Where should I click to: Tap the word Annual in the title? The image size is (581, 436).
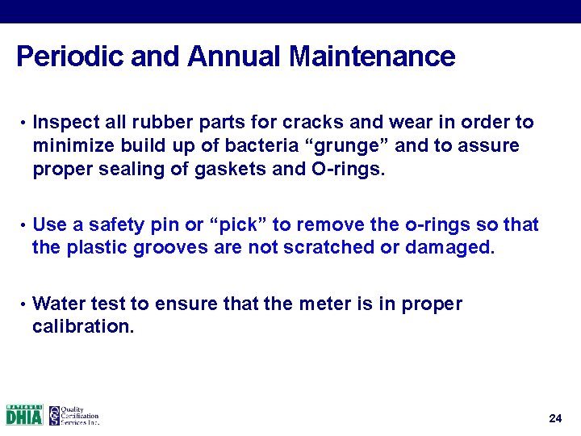236,57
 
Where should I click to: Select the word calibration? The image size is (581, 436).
82,327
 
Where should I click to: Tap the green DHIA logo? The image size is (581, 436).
24,415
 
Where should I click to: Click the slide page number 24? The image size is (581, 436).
554,418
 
